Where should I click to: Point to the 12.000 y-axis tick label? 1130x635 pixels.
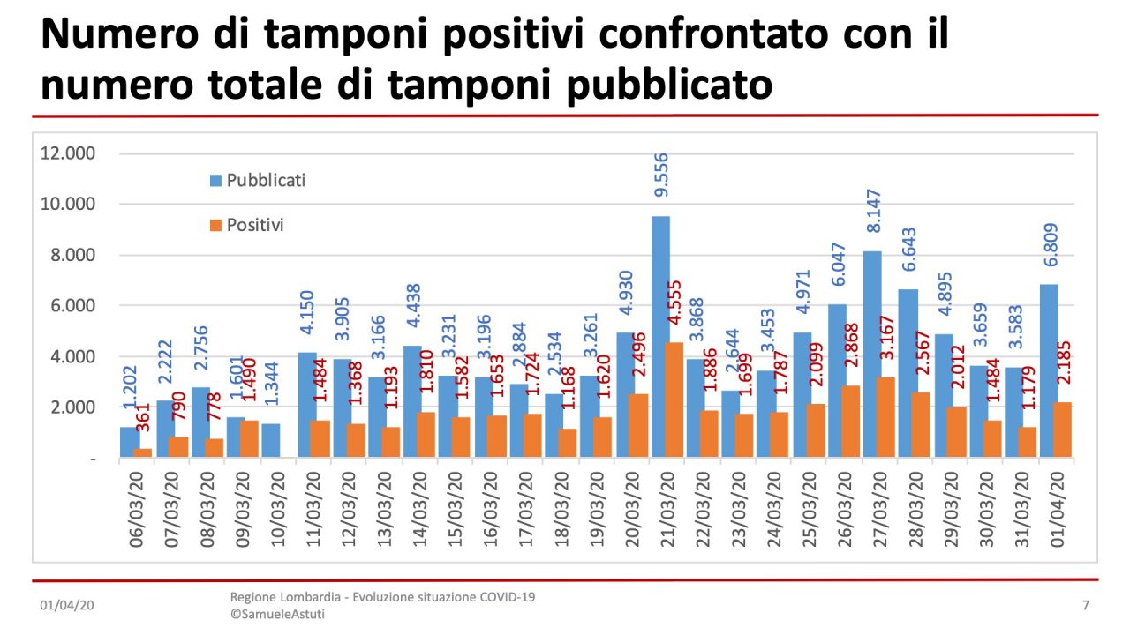[x=68, y=153]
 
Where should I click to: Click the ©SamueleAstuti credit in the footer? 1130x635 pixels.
[x=276, y=614]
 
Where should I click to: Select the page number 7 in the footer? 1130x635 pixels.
[x=1085, y=606]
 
